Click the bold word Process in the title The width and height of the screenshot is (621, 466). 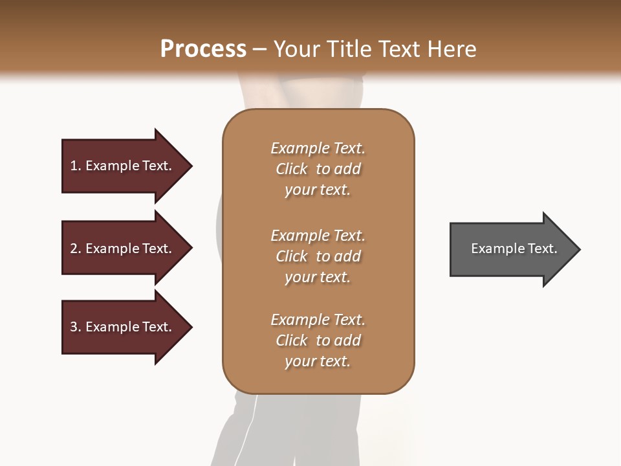click(x=203, y=49)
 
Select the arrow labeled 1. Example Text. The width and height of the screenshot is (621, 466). click(x=123, y=166)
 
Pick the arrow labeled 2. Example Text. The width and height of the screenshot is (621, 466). click(x=123, y=249)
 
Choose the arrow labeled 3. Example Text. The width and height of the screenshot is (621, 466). click(x=123, y=327)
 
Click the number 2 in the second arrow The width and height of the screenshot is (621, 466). click(x=74, y=249)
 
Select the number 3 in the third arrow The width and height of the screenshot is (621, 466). click(x=74, y=327)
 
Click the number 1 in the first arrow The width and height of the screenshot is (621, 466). click(x=74, y=166)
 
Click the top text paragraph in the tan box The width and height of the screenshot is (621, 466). click(x=318, y=169)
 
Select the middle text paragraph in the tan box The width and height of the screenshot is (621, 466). click(x=318, y=256)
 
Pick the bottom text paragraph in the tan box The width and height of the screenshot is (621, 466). click(x=318, y=340)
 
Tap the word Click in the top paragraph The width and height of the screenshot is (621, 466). click(x=292, y=169)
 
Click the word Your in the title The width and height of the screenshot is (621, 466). click(x=296, y=49)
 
